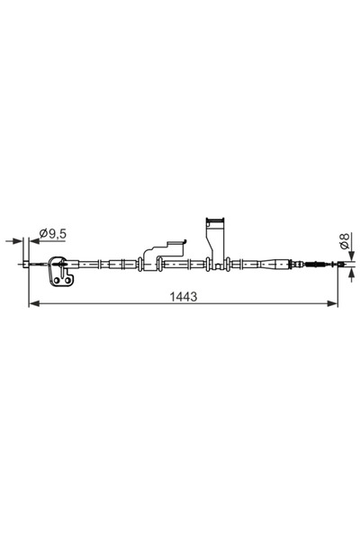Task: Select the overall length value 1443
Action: (184, 296)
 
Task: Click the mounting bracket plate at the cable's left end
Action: (61, 273)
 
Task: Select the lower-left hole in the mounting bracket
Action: (57, 282)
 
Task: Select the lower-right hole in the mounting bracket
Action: (67, 282)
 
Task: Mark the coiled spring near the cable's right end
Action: (316, 265)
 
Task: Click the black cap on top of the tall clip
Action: (214, 220)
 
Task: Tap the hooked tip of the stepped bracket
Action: (184, 239)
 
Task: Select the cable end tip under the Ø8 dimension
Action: (337, 265)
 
